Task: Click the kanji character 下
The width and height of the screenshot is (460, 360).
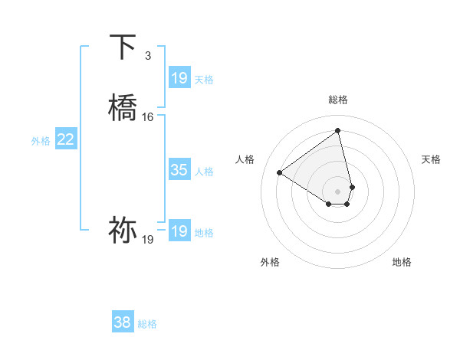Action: pyautogui.click(x=123, y=47)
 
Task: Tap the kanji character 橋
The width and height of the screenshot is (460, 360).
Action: pyautogui.click(x=123, y=108)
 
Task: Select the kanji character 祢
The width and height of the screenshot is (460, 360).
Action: pyautogui.click(x=123, y=229)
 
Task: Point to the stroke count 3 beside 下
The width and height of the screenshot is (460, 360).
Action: pyautogui.click(x=147, y=56)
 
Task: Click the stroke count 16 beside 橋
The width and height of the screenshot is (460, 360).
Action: pyautogui.click(x=148, y=117)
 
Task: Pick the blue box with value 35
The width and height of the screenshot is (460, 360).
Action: pyautogui.click(x=179, y=170)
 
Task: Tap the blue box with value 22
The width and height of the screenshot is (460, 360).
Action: pyautogui.click(x=66, y=139)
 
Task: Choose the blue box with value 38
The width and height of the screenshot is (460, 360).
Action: pyautogui.click(x=123, y=322)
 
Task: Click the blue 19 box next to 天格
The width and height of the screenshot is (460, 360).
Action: pyautogui.click(x=179, y=77)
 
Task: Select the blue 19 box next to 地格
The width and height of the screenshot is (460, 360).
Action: pyautogui.click(x=179, y=231)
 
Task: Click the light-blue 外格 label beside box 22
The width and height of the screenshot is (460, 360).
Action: pyautogui.click(x=41, y=141)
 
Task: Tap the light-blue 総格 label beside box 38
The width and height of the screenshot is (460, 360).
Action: pyautogui.click(x=147, y=324)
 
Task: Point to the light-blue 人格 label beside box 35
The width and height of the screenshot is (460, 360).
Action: pyautogui.click(x=205, y=172)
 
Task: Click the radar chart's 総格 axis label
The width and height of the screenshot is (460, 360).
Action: pyautogui.click(x=338, y=100)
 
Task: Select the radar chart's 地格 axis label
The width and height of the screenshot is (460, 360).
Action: pyautogui.click(x=402, y=263)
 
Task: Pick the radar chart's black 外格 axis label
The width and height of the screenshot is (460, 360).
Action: pyautogui.click(x=270, y=263)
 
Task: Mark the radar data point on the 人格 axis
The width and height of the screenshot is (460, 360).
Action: pyautogui.click(x=279, y=172)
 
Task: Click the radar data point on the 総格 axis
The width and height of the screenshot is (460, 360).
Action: pyautogui.click(x=338, y=130)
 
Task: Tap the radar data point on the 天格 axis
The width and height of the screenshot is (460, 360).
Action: pyautogui.click(x=352, y=186)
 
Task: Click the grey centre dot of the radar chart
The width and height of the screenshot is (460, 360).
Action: pyautogui.click(x=338, y=190)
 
